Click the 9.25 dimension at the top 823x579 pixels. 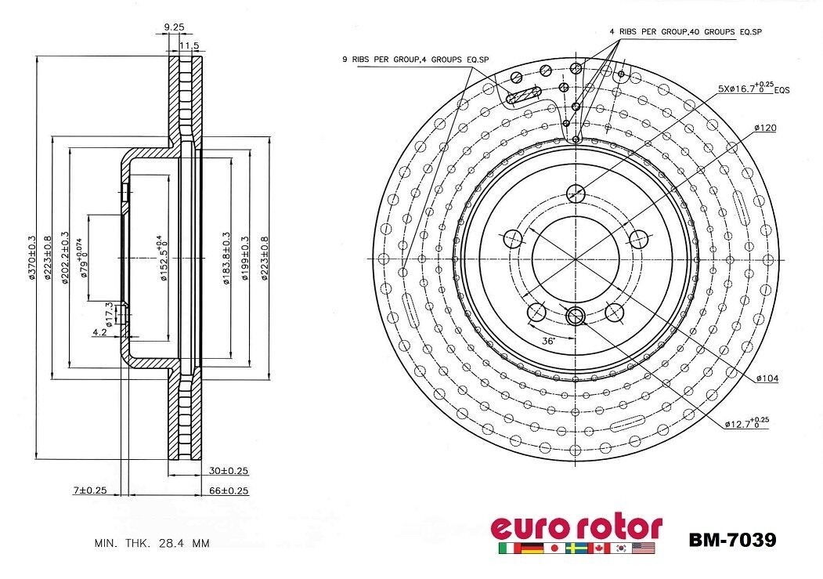(174, 27)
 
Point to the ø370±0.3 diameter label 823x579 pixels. (33, 258)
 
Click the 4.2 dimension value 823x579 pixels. (99, 333)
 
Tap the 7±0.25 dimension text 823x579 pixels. (89, 490)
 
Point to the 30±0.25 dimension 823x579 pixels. (229, 471)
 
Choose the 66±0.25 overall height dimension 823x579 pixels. (229, 490)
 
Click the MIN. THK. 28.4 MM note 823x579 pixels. (152, 543)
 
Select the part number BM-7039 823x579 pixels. (732, 540)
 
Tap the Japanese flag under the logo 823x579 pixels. (554, 548)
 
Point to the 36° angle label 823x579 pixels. (548, 341)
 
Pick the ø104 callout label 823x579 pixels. (767, 378)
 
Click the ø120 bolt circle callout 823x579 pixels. (765, 127)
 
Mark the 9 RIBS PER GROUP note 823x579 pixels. (415, 59)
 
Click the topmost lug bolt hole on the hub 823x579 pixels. (576, 193)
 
